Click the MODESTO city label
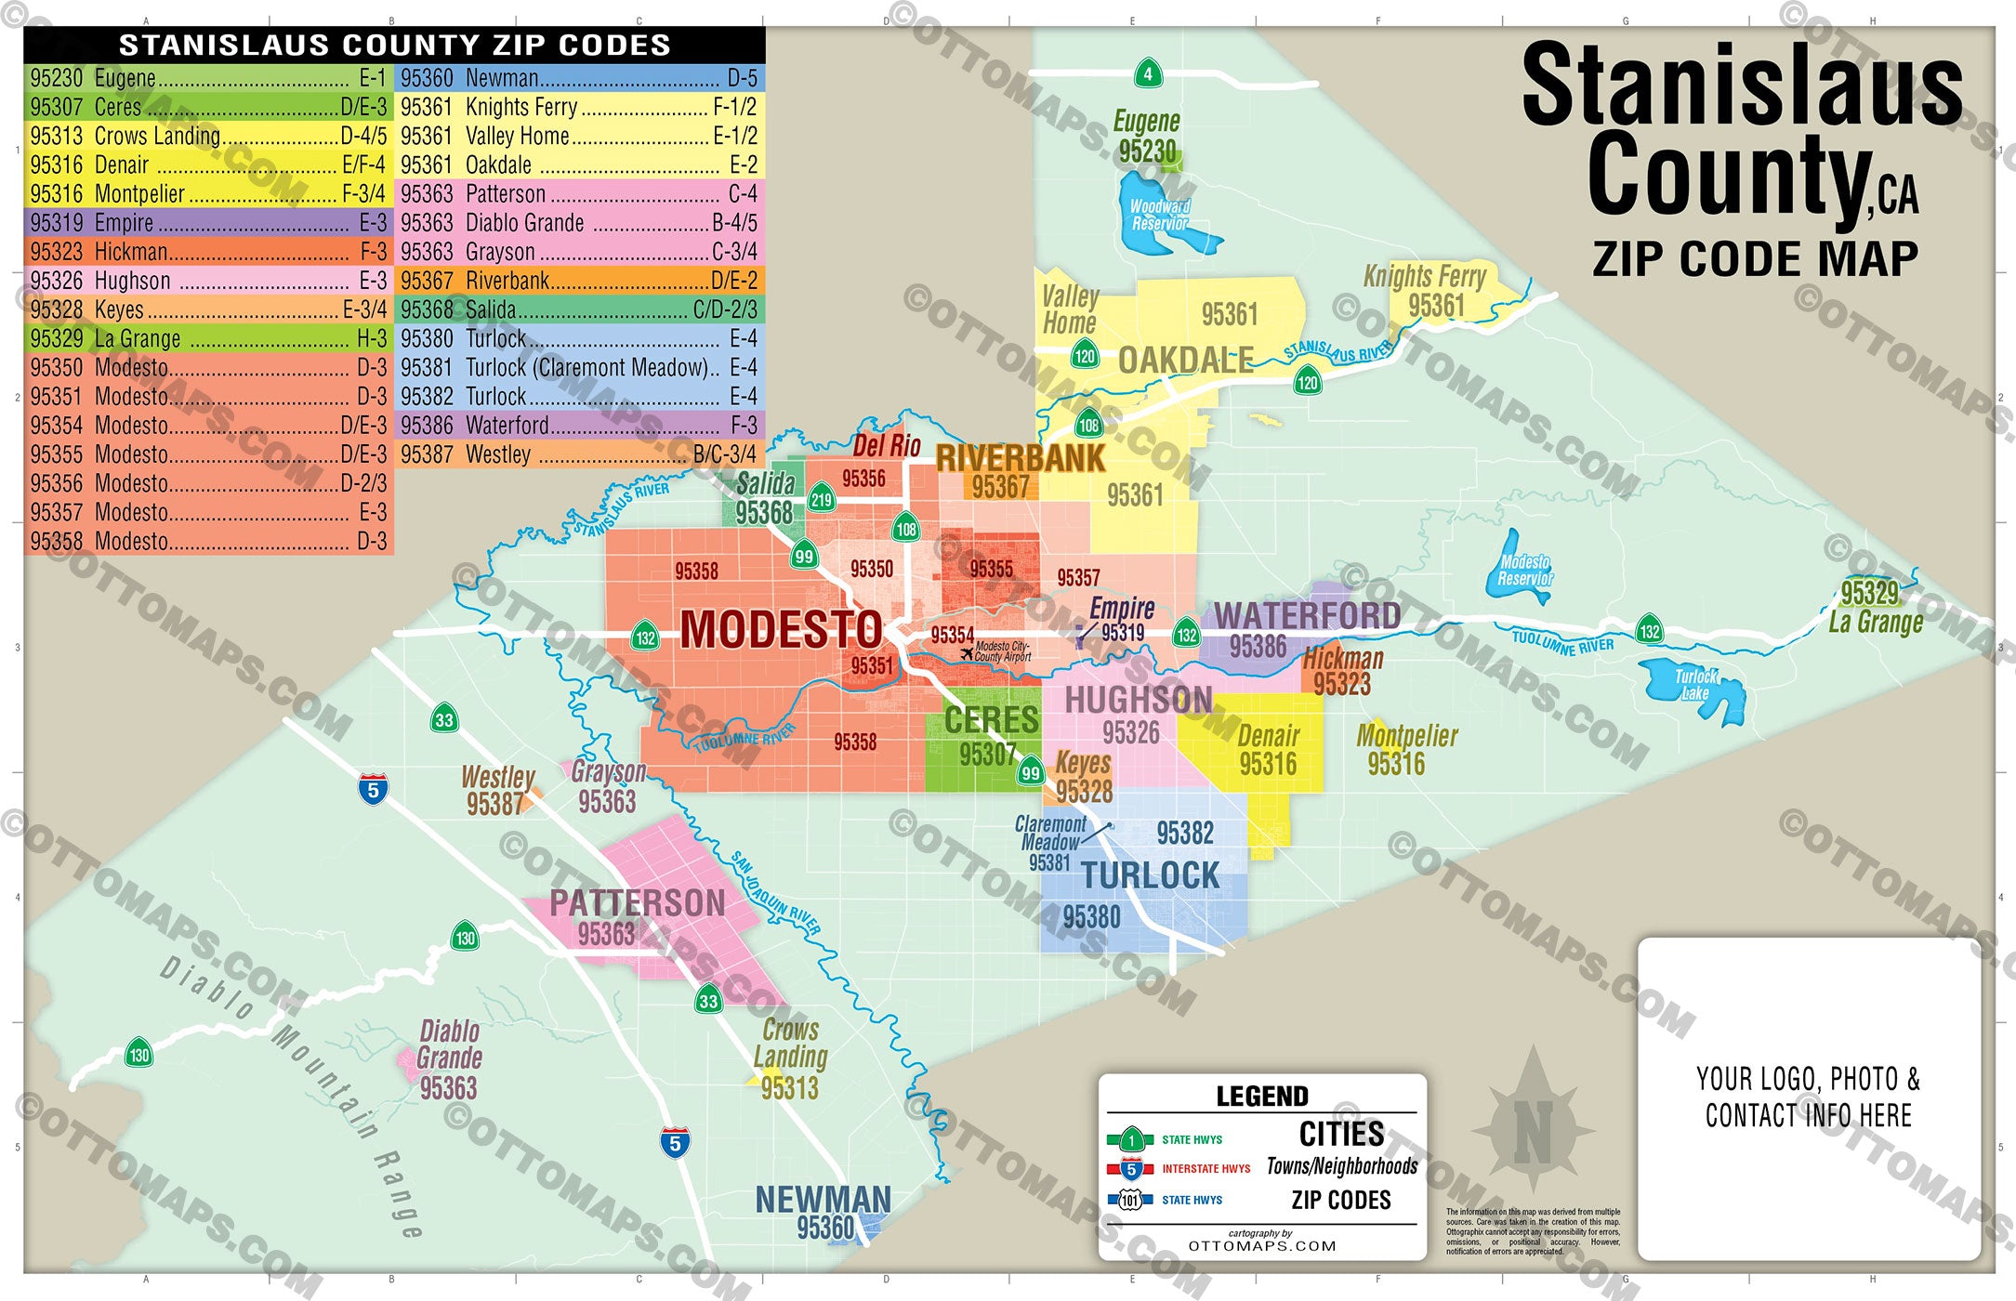781,630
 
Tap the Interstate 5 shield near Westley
373,789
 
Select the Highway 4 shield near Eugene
1148,74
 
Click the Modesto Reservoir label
1524,570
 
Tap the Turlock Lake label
1695,685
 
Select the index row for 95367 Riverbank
578,281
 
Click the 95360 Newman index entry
578,78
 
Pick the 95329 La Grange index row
207,338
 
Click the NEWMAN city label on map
823,1199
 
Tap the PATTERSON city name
637,903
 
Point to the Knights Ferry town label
1424,276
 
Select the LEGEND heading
1261,1097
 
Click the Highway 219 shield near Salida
821,499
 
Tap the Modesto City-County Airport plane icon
967,653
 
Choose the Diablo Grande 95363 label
449,1059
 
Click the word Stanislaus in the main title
1742,86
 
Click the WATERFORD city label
1307,615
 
